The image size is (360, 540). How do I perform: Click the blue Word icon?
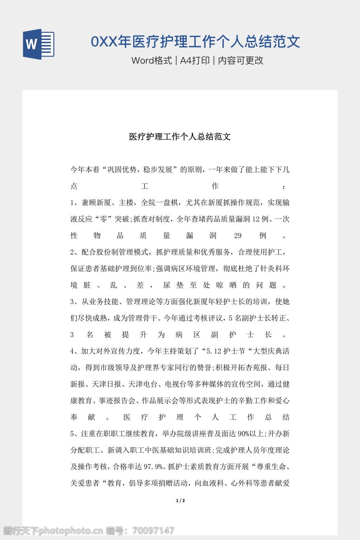point(39,44)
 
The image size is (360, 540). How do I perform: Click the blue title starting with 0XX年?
point(195,41)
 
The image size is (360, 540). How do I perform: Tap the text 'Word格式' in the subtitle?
point(152,60)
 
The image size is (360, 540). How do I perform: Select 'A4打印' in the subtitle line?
point(195,60)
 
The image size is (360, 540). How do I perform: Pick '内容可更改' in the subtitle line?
point(241,60)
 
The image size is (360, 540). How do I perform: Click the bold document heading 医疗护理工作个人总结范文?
point(180,137)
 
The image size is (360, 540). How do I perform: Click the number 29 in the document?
point(238,236)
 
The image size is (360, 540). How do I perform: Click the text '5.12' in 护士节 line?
point(214,351)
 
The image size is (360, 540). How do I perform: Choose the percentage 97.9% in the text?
point(154,467)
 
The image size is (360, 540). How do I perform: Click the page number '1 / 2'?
point(180,501)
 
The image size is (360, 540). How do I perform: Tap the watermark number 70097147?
point(152,531)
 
